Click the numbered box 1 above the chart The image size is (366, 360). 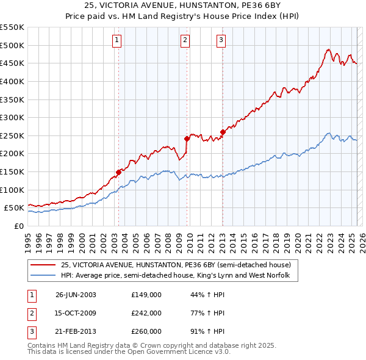(x=117, y=41)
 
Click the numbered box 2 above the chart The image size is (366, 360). (x=185, y=41)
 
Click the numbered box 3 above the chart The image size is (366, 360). (x=221, y=41)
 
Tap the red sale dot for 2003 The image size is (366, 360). (x=119, y=172)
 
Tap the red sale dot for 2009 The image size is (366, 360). (x=187, y=139)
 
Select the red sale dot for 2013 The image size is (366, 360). (x=223, y=132)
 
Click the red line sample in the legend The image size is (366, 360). (x=44, y=265)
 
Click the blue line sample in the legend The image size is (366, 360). (x=44, y=276)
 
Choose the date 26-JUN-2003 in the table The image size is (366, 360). (x=76, y=295)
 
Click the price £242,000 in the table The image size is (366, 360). (x=146, y=313)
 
